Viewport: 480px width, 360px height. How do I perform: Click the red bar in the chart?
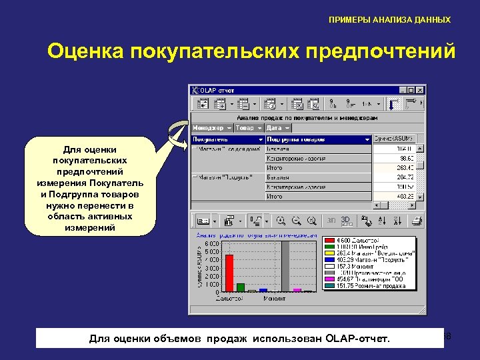point(229,273)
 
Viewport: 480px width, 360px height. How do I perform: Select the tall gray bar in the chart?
point(285,267)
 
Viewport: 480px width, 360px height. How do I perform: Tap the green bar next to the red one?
point(241,287)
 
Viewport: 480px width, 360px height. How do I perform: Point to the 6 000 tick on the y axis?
point(211,243)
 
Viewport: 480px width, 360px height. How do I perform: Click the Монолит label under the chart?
point(274,298)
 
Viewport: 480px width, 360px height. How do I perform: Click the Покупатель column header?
point(227,139)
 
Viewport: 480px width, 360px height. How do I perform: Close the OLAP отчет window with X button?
point(420,90)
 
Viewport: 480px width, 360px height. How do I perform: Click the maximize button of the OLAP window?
point(411,90)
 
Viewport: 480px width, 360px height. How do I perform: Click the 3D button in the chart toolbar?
point(346,219)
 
